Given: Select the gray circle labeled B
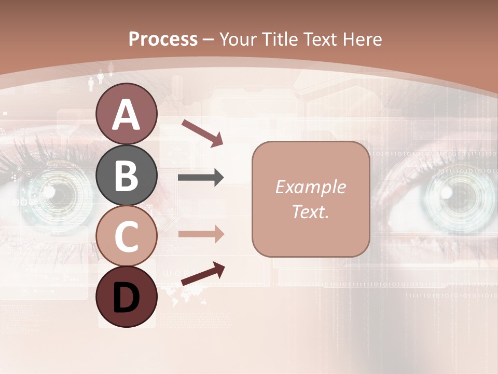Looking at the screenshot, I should (126, 175).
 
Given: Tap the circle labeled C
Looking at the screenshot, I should (126, 236).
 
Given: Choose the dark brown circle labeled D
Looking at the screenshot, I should (126, 297).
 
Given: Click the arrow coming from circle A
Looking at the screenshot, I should (202, 132).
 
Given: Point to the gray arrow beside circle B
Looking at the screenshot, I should (201, 178).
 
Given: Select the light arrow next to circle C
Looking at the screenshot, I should (201, 234).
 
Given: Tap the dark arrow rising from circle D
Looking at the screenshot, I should (203, 274).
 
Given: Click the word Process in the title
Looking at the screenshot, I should (163, 39).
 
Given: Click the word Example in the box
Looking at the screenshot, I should (310, 187).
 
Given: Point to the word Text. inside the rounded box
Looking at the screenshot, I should (310, 211).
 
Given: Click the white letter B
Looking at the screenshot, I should (126, 175).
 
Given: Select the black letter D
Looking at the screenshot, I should (126, 298).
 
